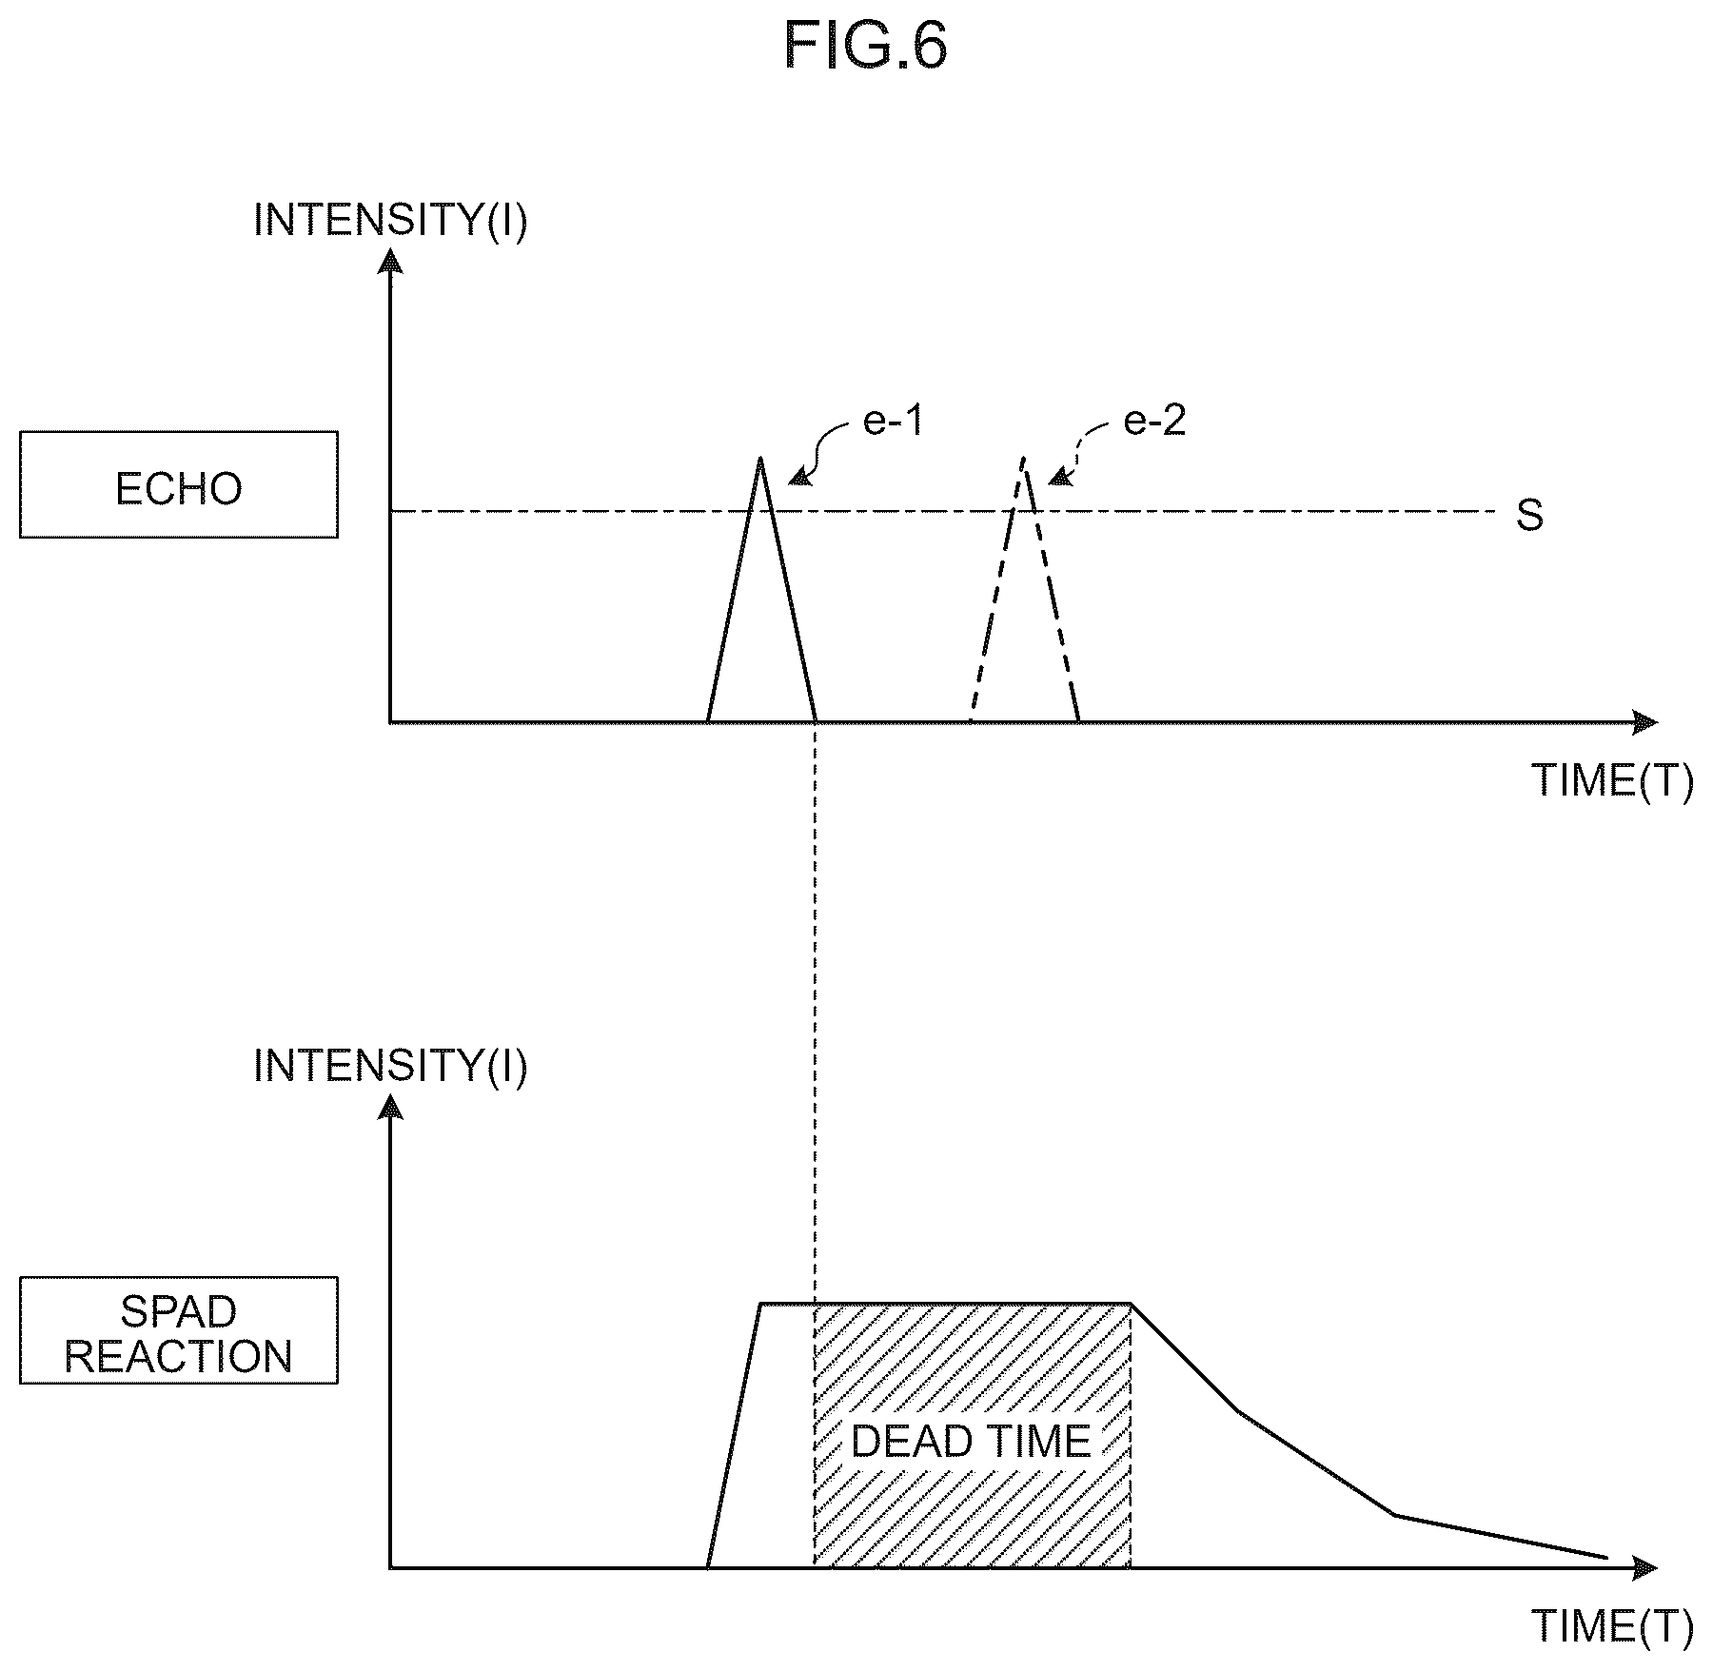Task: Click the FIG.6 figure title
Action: pyautogui.click(x=865, y=46)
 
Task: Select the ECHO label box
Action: pyautogui.click(x=179, y=484)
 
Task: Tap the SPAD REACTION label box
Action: pyautogui.click(x=179, y=1329)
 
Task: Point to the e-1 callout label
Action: pyautogui.click(x=893, y=420)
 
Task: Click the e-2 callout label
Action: pyautogui.click(x=1154, y=420)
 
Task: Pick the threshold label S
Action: pyautogui.click(x=1529, y=515)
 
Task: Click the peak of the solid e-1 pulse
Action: pyautogui.click(x=759, y=458)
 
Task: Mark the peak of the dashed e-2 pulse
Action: pyautogui.click(x=1023, y=458)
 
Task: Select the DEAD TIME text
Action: pyautogui.click(x=971, y=1442)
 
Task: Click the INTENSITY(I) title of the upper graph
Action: pyautogui.click(x=390, y=220)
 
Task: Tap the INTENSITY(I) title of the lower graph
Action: pyautogui.click(x=390, y=1066)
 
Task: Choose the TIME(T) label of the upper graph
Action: pyautogui.click(x=1613, y=781)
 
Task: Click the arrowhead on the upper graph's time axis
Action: pyautogui.click(x=1645, y=722)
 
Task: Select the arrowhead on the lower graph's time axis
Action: pyautogui.click(x=1645, y=1567)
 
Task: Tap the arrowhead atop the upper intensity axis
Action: pyautogui.click(x=390, y=260)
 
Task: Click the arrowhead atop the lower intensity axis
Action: pyautogui.click(x=390, y=1105)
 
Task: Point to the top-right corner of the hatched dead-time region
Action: pyautogui.click(x=1131, y=1303)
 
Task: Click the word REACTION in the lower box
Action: pyautogui.click(x=179, y=1356)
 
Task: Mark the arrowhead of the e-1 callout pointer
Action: pyautogui.click(x=797, y=480)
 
